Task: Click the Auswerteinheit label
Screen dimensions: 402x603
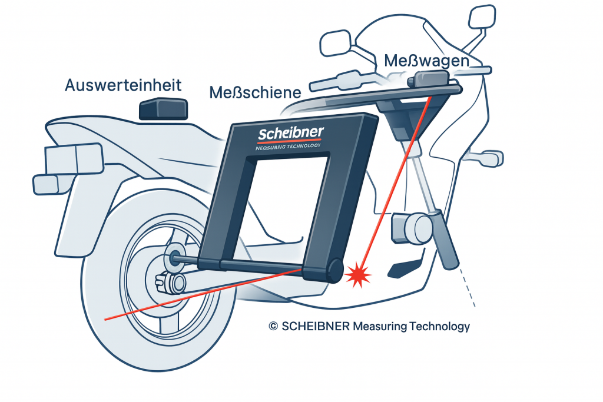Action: [x=123, y=85]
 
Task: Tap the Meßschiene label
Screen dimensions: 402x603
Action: [x=256, y=92]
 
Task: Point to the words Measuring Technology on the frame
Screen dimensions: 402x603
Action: [x=288, y=148]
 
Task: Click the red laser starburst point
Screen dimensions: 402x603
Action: [x=357, y=274]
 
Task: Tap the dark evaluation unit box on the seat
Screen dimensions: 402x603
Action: [x=163, y=109]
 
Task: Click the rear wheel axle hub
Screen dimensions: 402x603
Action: [x=175, y=257]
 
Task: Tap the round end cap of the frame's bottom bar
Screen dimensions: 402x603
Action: [x=333, y=270]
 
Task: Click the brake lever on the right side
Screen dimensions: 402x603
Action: [x=486, y=157]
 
